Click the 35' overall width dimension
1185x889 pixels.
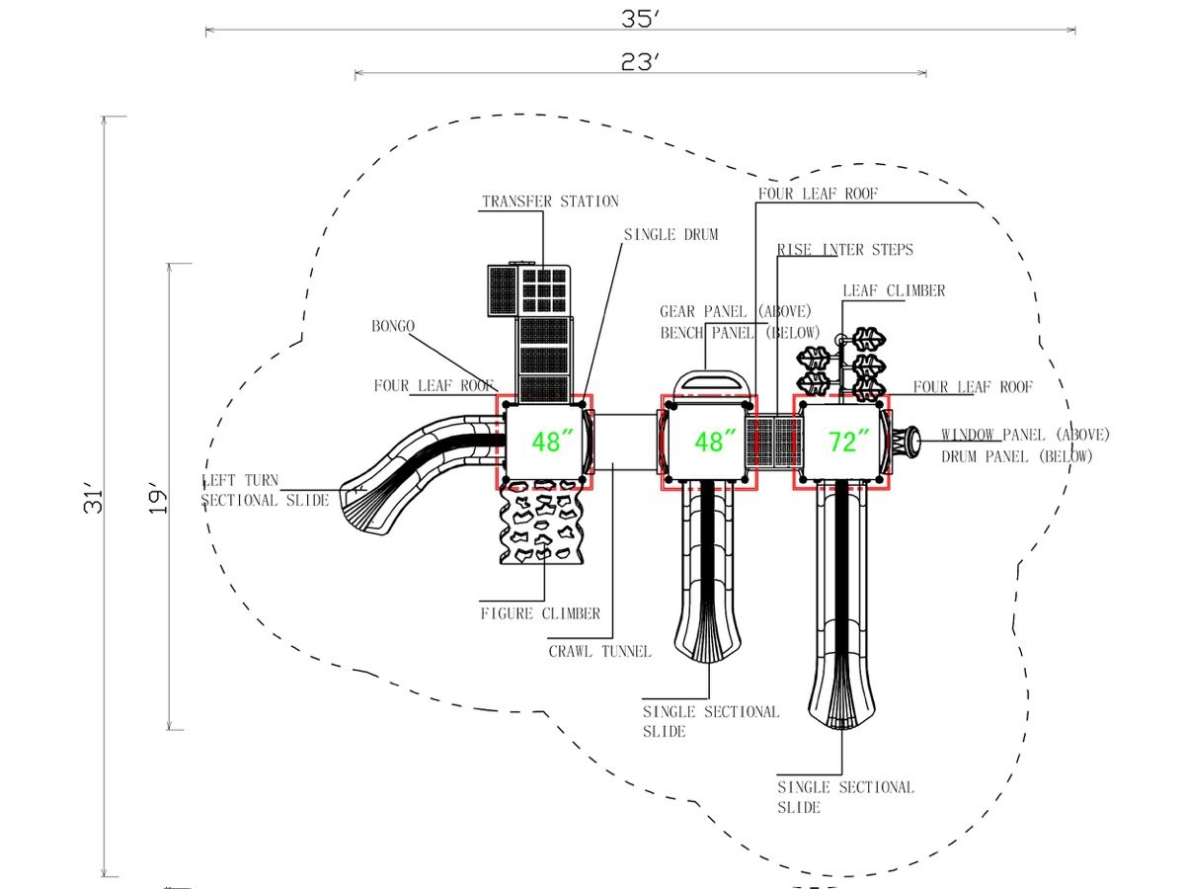(x=640, y=19)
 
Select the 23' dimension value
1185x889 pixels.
(x=640, y=62)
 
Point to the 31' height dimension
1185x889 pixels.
(x=94, y=501)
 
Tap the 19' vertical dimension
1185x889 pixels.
(x=159, y=501)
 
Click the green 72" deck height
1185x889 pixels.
(x=849, y=442)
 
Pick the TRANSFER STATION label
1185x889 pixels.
(x=550, y=202)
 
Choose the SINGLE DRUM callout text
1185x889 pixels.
(x=671, y=235)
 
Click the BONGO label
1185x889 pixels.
(x=393, y=326)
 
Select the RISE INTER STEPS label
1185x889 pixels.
(x=845, y=249)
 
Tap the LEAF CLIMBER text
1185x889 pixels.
(x=894, y=291)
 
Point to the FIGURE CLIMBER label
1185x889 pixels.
(x=540, y=613)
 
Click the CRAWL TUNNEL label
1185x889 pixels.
(x=599, y=652)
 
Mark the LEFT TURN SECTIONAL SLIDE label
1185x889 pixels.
(x=265, y=491)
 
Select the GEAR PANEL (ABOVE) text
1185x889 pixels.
(x=736, y=311)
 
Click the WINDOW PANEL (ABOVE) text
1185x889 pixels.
(x=1025, y=435)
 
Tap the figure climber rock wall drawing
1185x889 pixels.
(x=541, y=523)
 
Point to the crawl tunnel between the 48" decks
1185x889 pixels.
(x=626, y=443)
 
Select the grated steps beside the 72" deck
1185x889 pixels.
(x=774, y=443)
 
